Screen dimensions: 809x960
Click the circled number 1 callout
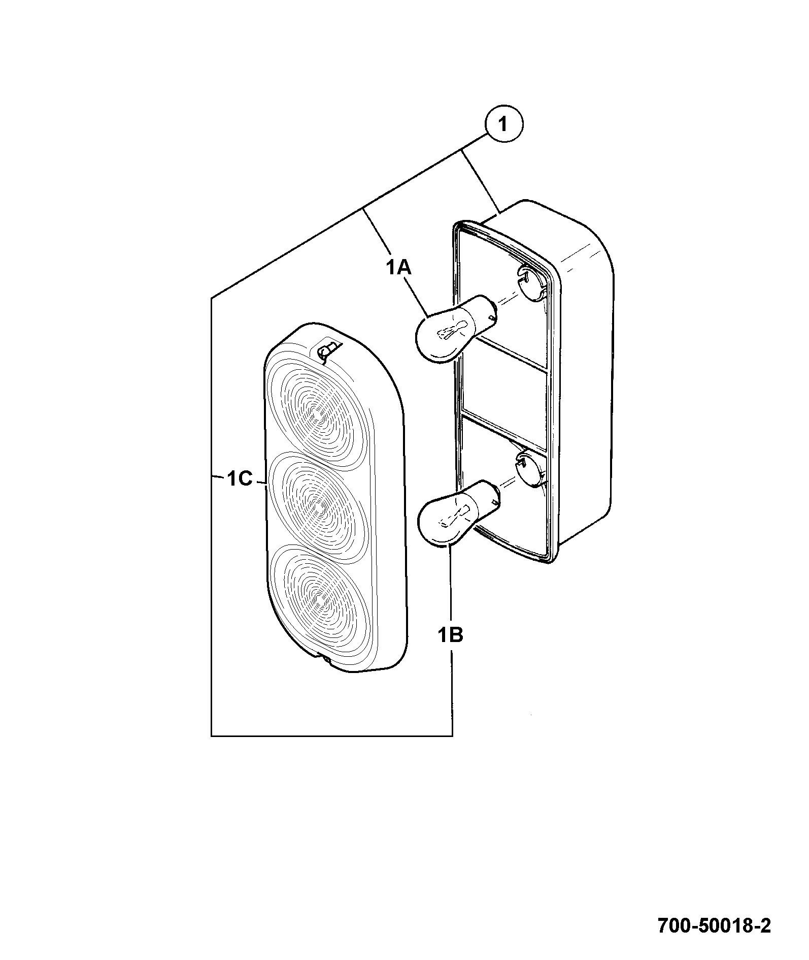(503, 124)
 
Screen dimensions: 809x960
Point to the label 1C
(240, 478)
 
